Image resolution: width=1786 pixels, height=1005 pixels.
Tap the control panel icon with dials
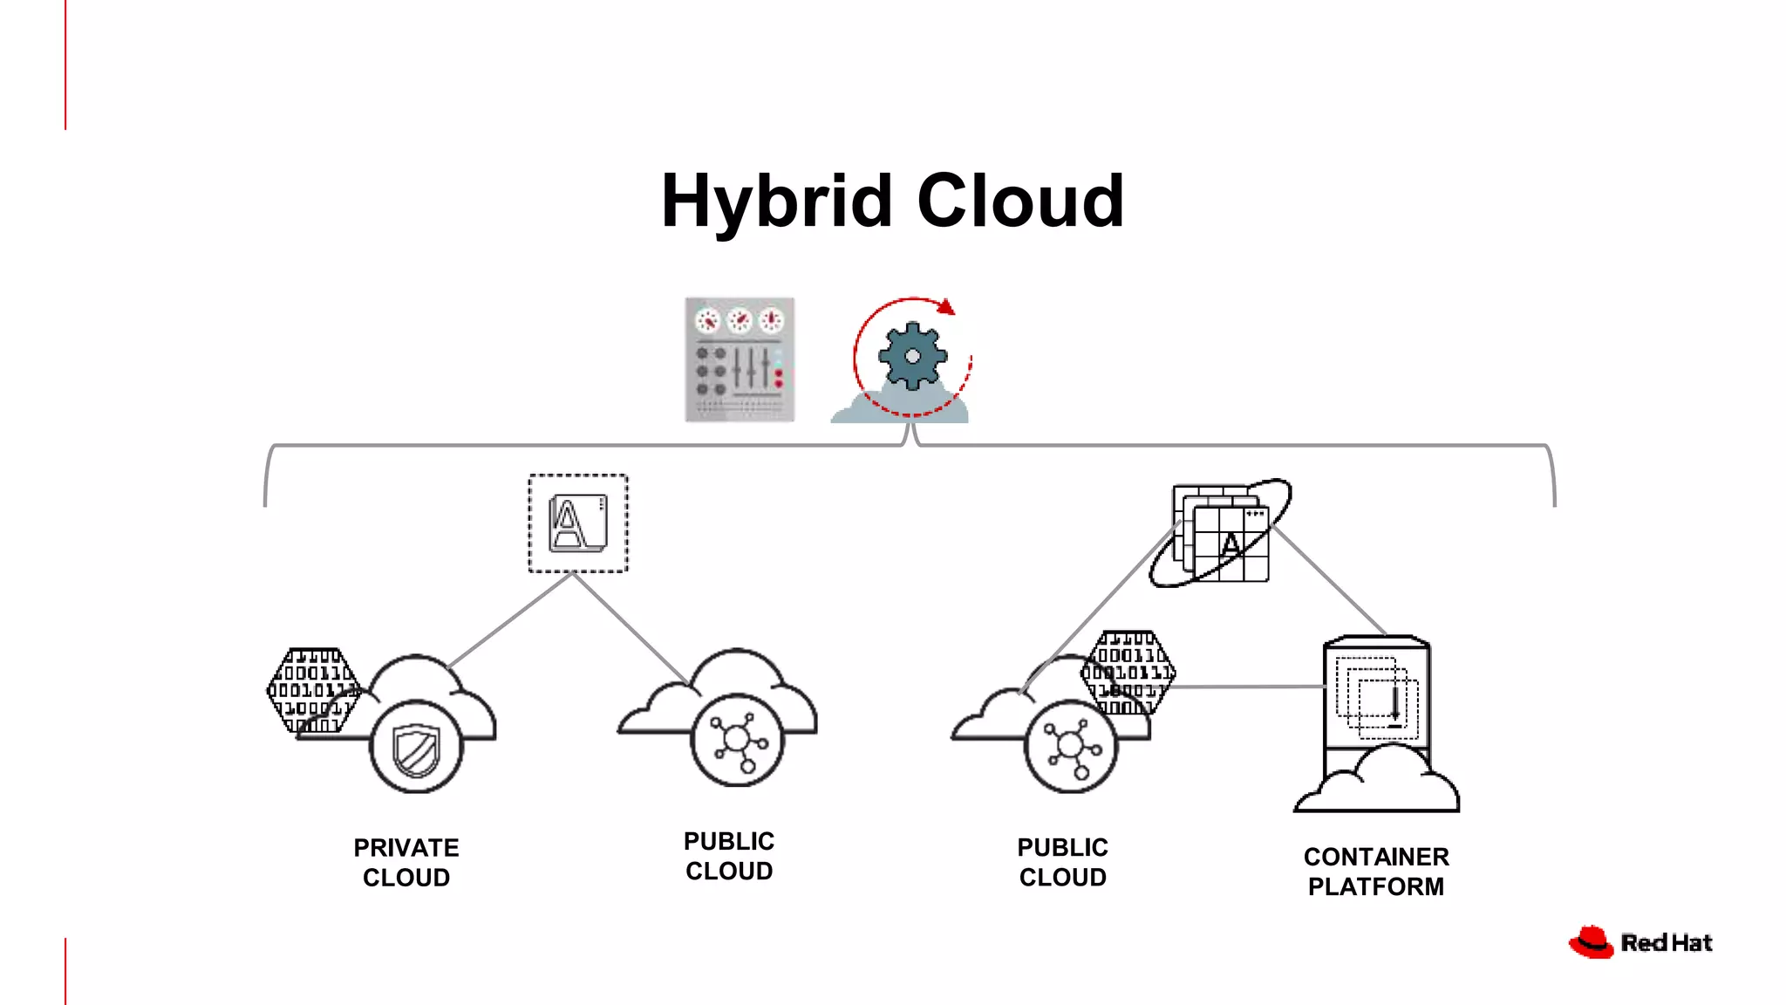740,359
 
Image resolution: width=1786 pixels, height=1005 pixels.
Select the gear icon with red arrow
911,357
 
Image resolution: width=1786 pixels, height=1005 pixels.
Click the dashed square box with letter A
577,523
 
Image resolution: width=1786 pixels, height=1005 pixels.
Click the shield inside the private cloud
416,749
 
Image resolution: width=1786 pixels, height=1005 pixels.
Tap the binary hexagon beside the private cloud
312,689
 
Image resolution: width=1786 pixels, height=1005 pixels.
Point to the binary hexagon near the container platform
1128,672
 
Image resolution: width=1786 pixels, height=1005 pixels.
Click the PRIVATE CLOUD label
406,862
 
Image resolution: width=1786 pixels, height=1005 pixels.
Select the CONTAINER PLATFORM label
1376,871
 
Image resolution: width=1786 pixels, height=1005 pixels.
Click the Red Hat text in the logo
1666,943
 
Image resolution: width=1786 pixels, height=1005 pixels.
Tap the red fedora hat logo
1592,942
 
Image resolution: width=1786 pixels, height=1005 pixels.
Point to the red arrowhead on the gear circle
946,307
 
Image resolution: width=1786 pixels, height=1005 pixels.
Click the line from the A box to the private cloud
510,620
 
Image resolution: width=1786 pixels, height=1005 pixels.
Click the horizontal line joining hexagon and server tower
1247,687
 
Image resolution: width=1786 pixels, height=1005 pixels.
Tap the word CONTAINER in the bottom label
1376,857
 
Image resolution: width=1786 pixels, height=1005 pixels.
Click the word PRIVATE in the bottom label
406,848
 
